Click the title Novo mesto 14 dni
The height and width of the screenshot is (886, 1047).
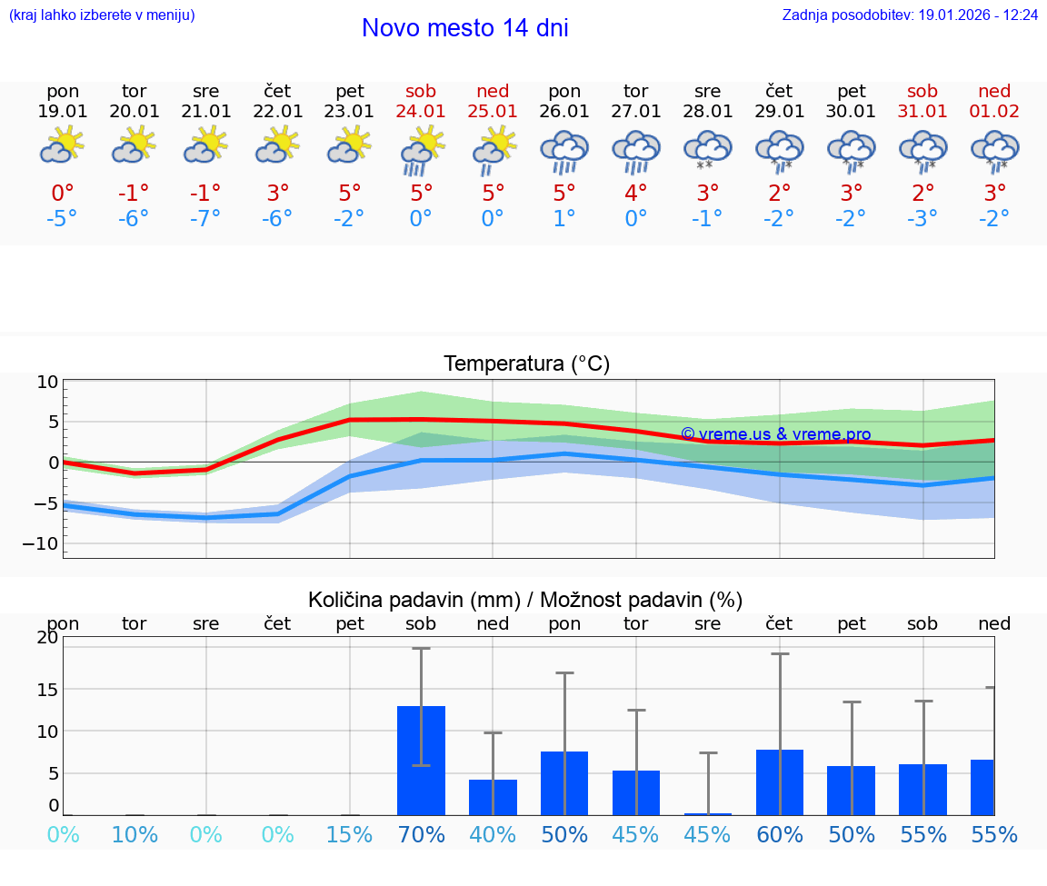coord(464,28)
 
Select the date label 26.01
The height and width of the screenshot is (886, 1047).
coord(564,112)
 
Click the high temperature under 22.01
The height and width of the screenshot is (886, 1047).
coord(278,194)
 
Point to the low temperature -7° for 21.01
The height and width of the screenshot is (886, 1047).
coord(206,218)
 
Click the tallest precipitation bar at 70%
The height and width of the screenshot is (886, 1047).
coord(421,760)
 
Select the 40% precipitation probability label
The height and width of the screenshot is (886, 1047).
coord(493,834)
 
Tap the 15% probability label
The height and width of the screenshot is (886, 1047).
coord(350,834)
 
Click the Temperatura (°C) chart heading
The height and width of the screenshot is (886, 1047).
coord(526,364)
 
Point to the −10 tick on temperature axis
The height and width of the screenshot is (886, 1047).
coord(47,543)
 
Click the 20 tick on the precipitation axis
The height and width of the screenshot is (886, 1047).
coord(47,638)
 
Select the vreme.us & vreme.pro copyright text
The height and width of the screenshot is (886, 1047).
coord(775,434)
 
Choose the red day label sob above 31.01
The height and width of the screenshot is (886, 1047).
coord(922,91)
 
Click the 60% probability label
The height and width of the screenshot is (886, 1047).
coord(780,834)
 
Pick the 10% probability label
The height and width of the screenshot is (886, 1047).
coord(135,834)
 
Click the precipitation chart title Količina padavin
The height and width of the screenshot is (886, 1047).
coord(525,600)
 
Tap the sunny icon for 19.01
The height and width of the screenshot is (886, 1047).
coord(63,145)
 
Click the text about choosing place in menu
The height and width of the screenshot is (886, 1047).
coord(102,15)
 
